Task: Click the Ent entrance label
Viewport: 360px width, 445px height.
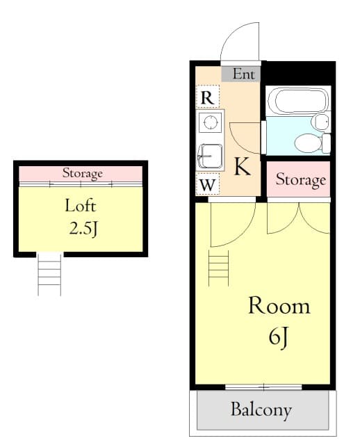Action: (x=243, y=74)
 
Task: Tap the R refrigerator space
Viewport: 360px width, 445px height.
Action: (x=207, y=97)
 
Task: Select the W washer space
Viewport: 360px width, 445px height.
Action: (x=208, y=184)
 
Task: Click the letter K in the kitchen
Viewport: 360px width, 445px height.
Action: (x=242, y=167)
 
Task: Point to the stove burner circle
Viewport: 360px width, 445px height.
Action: (x=210, y=122)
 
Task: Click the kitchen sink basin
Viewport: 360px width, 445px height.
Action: (x=210, y=156)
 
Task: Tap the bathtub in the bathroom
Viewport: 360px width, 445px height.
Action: (x=298, y=101)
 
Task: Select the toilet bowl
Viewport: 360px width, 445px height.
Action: (x=308, y=143)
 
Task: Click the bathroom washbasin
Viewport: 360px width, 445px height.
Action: (x=320, y=122)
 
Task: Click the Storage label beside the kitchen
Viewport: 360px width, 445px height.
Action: (x=301, y=179)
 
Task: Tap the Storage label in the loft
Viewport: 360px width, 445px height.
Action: (x=83, y=173)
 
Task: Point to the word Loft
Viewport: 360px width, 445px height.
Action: (x=81, y=206)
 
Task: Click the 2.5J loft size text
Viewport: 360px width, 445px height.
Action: (x=83, y=229)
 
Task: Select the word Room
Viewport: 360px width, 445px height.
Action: (x=279, y=305)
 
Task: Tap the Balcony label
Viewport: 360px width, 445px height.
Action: (x=261, y=410)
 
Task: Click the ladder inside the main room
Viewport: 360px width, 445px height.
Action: (x=218, y=268)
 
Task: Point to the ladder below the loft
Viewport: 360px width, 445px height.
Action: (x=49, y=274)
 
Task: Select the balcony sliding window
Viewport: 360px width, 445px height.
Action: (x=263, y=387)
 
